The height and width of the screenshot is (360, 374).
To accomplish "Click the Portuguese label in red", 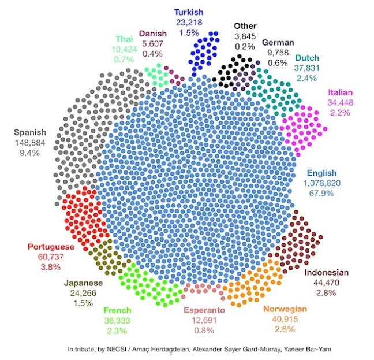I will [x=51, y=247].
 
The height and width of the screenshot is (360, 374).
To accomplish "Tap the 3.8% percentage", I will [x=51, y=268].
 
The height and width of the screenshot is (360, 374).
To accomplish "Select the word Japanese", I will [x=83, y=283].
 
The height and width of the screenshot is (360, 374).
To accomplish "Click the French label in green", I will [x=117, y=310].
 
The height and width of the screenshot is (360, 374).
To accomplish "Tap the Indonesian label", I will [x=326, y=273].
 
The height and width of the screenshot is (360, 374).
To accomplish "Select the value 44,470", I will [x=326, y=283].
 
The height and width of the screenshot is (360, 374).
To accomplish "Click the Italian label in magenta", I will [x=340, y=92].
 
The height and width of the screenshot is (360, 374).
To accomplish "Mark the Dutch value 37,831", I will [x=311, y=68].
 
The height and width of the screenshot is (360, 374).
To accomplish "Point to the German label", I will [x=278, y=42].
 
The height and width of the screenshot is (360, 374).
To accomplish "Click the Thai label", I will [x=124, y=39].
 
